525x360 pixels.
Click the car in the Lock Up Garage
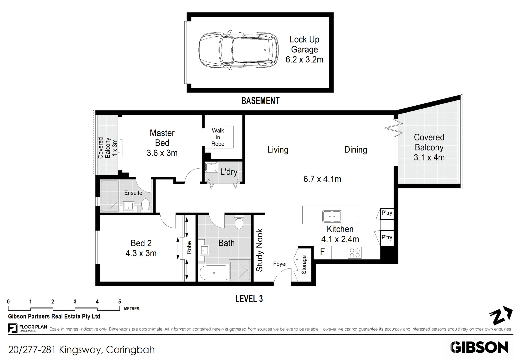pos(239,50)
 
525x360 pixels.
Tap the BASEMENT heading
pos(260,101)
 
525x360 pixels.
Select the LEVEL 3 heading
pos(249,299)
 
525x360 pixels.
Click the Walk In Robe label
pos(218,137)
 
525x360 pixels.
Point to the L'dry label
pos(229,172)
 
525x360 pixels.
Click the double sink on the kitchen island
pos(332,216)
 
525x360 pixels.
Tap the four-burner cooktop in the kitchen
pos(355,253)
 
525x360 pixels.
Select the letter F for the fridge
pos(322,252)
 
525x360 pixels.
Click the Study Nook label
pos(259,250)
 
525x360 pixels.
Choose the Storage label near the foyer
pos(304,265)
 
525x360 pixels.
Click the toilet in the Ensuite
pos(146,205)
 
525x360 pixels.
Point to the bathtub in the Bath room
pos(213,273)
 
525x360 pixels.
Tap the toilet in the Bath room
pos(239,222)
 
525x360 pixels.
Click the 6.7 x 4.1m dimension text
pos(322,179)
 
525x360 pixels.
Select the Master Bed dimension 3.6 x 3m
pos(162,153)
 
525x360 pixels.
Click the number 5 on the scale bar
pos(120,302)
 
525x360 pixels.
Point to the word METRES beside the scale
pos(132,309)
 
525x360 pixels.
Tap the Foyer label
pos(280,264)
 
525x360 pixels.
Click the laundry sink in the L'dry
pos(211,167)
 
